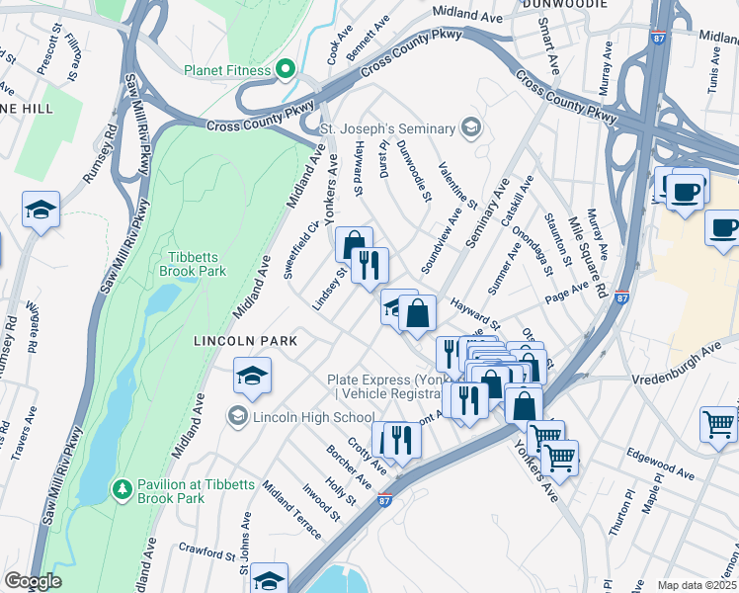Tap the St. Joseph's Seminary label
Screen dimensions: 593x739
click(387, 128)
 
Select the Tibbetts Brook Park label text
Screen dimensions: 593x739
click(194, 264)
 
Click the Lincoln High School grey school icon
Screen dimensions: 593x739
click(237, 417)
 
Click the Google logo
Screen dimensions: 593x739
click(33, 581)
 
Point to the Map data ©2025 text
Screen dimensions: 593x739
click(697, 585)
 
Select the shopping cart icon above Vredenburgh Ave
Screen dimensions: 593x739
click(718, 422)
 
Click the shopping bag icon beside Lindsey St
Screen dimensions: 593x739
click(353, 244)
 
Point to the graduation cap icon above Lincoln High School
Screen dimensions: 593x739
click(252, 375)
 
